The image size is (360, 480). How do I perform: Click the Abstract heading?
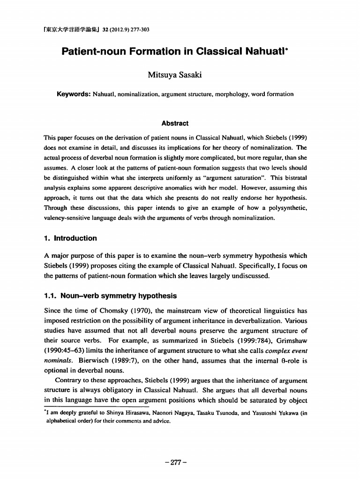click(174, 123)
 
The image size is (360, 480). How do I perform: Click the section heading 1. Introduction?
click(70, 238)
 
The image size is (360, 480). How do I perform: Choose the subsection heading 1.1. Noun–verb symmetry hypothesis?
click(110, 296)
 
